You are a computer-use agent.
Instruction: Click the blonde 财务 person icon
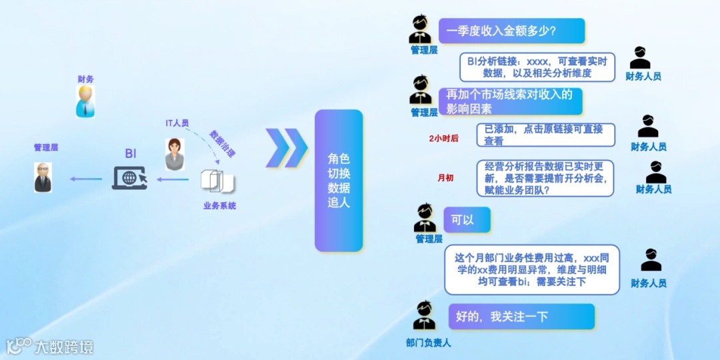point(85,101)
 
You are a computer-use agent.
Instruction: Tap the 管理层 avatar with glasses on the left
point(43,177)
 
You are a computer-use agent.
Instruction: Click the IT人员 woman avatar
point(175,155)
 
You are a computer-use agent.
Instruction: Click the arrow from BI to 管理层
point(86,179)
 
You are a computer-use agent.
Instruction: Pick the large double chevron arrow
point(286,147)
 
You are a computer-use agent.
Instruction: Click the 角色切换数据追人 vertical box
point(339,180)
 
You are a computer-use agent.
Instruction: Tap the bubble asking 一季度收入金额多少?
point(511,31)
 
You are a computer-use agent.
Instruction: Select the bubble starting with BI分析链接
point(537,67)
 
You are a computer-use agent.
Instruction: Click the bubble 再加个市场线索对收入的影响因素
point(510,101)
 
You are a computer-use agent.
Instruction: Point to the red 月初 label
point(445,178)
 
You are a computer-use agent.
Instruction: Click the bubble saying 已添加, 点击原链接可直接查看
point(545,135)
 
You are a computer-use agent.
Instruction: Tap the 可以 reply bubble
point(467,219)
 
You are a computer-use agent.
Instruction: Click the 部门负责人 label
point(428,343)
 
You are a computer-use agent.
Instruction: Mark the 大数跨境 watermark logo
point(50,346)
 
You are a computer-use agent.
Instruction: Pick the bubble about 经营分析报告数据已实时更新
point(545,178)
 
